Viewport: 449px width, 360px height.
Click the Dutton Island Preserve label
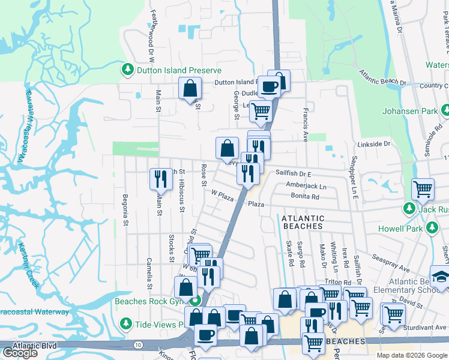[171, 70]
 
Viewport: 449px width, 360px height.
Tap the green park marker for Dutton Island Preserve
[127, 70]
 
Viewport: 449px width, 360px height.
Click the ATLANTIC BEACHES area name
[303, 222]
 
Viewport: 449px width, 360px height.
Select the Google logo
[20, 353]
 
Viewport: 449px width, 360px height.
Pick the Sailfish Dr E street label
[294, 173]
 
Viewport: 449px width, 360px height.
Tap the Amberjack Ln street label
[306, 185]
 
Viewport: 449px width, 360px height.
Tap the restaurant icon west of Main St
[160, 178]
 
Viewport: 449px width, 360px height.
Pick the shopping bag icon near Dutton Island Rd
[190, 89]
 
